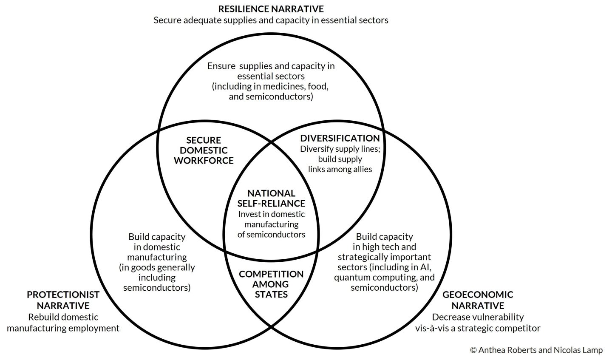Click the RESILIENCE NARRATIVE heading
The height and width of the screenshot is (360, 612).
pos(271,9)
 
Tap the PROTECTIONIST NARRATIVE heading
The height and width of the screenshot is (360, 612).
pos(63,300)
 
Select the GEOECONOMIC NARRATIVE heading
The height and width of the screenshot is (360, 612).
pos(478,300)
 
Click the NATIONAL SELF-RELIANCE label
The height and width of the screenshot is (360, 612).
pos(271,198)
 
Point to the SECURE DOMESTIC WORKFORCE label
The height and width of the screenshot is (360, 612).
pos(204,150)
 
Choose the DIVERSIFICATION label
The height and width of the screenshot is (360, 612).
pos(340,138)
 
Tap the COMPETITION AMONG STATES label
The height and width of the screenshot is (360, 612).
pos(271,284)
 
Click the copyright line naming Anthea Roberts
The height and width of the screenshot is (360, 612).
pos(536,350)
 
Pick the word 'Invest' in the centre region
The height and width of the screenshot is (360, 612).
pos(249,214)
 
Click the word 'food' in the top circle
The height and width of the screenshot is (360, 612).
pos(320,86)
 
